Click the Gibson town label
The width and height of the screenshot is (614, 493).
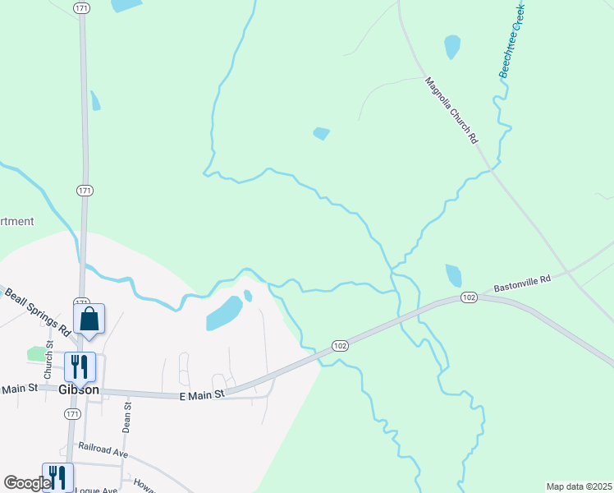coord(80,389)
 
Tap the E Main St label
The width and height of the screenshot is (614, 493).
coord(202,395)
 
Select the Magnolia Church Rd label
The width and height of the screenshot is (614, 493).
coord(451,110)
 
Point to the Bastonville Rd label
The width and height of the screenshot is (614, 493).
coord(522,284)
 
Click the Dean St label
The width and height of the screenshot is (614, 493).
coord(127,417)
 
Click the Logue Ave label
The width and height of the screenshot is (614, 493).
coord(94,489)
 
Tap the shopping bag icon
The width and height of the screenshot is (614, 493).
coord(89,319)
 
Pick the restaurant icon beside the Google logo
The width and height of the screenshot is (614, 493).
coord(57,477)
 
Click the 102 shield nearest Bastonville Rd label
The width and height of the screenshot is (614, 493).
coord(469,297)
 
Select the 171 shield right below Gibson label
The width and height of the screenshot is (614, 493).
coord(73,414)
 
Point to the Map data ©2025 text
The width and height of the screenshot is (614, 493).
coord(579,486)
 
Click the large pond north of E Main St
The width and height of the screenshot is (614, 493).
coord(223,313)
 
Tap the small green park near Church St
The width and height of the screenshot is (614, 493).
coord(36,353)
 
